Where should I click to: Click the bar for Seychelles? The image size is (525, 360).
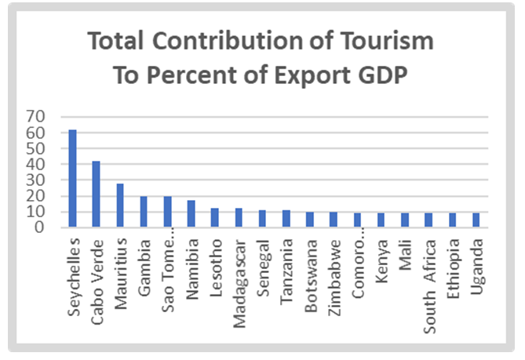click(73, 178)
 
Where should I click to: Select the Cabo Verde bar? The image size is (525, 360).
click(97, 194)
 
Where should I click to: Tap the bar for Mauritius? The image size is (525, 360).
click(120, 205)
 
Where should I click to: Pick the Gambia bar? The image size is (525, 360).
click(144, 212)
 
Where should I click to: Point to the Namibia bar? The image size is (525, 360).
click(191, 213)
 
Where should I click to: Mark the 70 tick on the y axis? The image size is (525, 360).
click(37, 117)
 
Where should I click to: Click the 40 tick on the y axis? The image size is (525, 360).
click(37, 164)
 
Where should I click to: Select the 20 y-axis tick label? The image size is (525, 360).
click(37, 196)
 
